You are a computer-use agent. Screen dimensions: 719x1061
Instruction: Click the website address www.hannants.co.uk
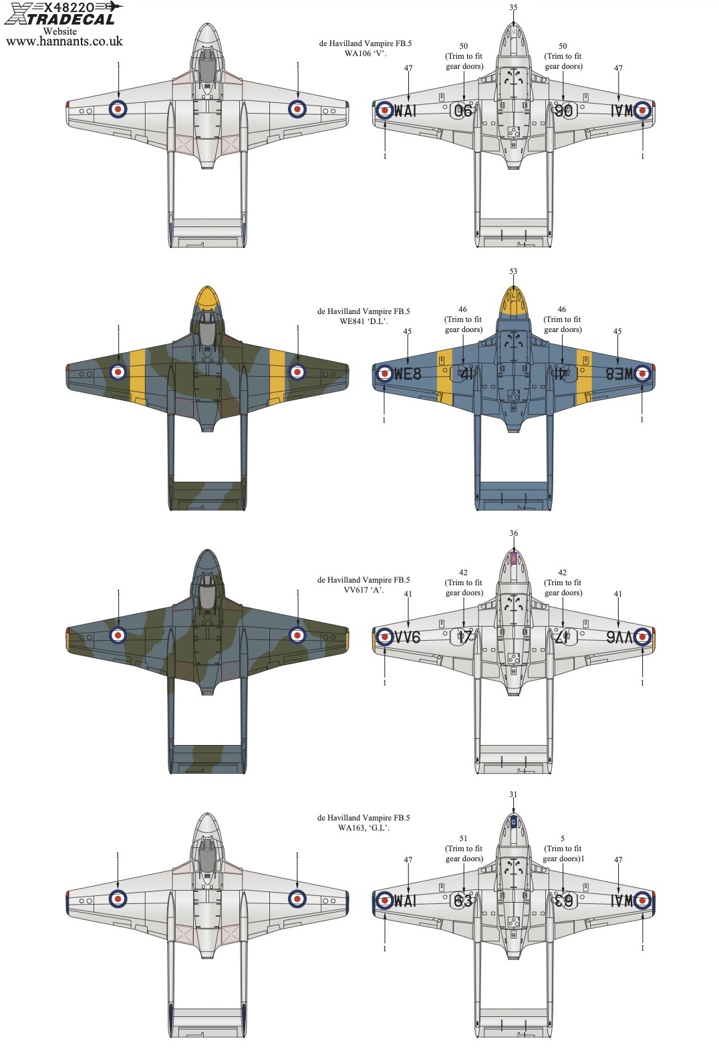(x=64, y=41)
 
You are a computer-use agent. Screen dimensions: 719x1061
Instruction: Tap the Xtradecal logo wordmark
(x=60, y=19)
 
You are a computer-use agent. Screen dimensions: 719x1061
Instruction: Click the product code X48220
(x=69, y=7)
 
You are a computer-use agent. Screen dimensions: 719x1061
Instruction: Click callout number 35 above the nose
(x=513, y=7)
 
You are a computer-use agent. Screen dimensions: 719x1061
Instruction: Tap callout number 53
(x=513, y=271)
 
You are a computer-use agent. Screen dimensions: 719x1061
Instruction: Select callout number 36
(x=513, y=533)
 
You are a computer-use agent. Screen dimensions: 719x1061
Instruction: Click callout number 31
(x=513, y=794)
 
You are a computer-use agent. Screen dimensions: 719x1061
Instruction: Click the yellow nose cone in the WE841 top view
(x=208, y=296)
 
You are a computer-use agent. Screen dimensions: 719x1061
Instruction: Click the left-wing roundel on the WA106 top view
(x=118, y=108)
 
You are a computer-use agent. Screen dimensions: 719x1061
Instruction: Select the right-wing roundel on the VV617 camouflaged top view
(x=297, y=635)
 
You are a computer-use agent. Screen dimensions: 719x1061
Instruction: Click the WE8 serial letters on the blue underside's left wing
(x=408, y=373)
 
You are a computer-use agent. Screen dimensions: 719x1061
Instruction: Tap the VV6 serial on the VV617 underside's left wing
(x=407, y=637)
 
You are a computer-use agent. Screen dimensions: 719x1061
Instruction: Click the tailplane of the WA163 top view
(x=208, y=1014)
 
